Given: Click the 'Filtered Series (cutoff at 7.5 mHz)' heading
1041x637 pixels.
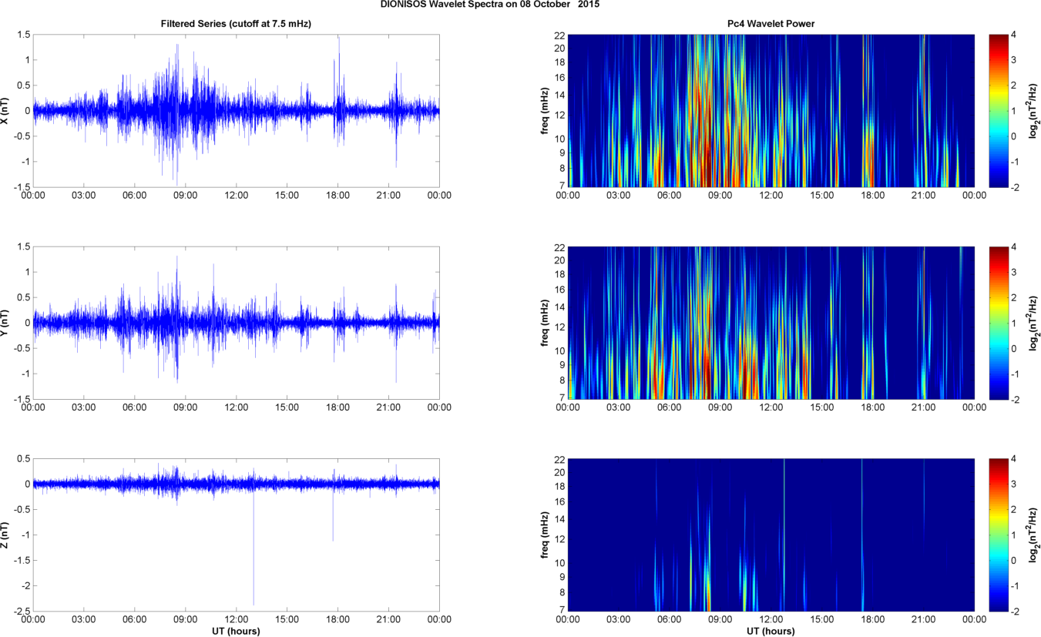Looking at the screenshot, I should click(236, 25).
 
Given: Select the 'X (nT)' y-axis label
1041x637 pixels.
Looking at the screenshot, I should click(6, 111).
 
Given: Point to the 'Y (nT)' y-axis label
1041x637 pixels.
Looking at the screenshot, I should click(6, 323).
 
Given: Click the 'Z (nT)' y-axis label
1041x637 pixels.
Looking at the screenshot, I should click(6, 534).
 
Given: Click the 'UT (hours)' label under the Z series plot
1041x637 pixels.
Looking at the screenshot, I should click(236, 631).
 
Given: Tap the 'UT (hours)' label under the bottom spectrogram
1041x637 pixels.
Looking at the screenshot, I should click(771, 631).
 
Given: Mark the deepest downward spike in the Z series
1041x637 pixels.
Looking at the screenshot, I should click(254, 604).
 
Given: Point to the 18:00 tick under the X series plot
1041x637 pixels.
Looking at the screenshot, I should click(337, 196).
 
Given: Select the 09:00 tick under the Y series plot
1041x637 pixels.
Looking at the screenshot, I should click(186, 407).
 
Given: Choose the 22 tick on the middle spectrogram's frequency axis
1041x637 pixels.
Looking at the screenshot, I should click(560, 247).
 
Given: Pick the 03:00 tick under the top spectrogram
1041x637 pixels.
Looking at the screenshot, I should click(618, 196).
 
